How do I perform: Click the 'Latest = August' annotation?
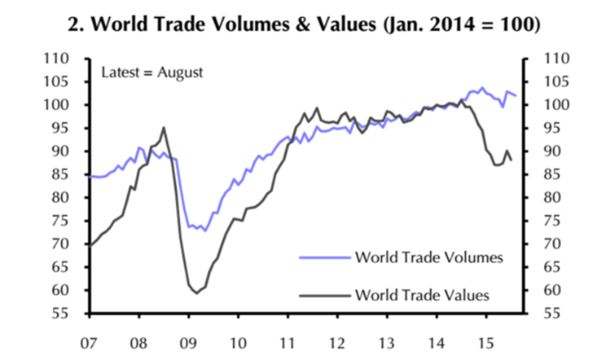(x=151, y=72)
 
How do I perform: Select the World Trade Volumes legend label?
(x=429, y=257)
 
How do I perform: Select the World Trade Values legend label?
(x=422, y=295)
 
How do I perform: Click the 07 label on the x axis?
(x=89, y=336)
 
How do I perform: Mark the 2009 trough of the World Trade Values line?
(x=195, y=292)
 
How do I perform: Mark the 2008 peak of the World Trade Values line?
(x=164, y=127)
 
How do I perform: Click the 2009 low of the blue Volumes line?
(x=204, y=231)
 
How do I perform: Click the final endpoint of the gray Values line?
(x=511, y=160)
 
